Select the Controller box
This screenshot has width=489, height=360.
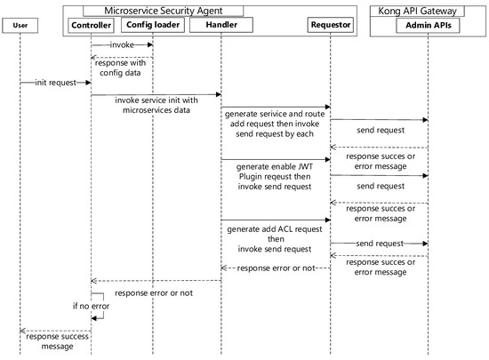coord(92,25)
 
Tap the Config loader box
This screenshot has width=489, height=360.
coord(153,25)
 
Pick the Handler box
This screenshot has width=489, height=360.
coord(220,25)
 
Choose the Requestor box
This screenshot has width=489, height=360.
coord(331,25)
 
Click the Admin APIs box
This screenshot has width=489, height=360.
coord(428,25)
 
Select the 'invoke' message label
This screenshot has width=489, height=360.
coord(123,44)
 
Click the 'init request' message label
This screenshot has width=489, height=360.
coord(55,83)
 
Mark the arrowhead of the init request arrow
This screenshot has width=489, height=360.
coord(88,84)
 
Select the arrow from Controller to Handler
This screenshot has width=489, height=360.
coord(156,93)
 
